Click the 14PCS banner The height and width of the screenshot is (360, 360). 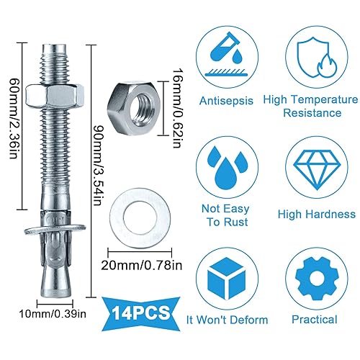click(141, 314)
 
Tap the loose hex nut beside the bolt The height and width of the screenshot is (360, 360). click(134, 107)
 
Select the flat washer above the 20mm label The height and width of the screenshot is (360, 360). click(140, 218)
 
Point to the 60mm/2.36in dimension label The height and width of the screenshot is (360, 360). click(14, 117)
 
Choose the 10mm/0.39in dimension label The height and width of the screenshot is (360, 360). click(53, 314)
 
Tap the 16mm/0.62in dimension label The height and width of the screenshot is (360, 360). click(177, 108)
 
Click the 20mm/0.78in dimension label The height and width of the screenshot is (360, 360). click(142, 265)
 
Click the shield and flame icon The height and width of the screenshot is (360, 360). click(316, 58)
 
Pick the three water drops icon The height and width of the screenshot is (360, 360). click(226, 167)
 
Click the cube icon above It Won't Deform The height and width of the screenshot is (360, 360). click(226, 279)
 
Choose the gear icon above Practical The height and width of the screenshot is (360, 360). click(317, 279)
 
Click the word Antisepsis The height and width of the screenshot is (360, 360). click(226, 101)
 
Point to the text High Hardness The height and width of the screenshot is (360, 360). click(317, 214)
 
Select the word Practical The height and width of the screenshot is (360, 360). click(315, 320)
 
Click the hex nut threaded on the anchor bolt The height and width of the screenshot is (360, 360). click(55, 95)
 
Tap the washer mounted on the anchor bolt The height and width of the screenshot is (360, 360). click(55, 228)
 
